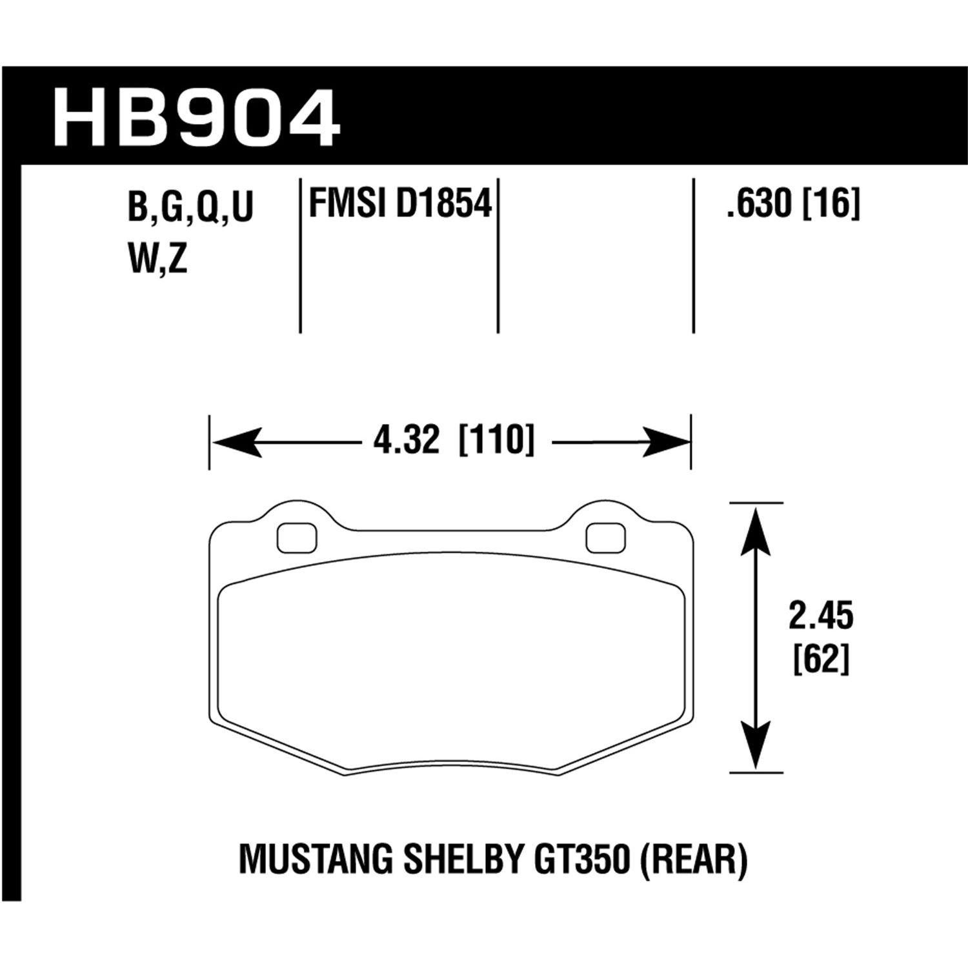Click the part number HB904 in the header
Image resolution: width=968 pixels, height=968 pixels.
pyautogui.click(x=197, y=119)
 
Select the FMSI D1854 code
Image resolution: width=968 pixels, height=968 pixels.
pyautogui.click(x=400, y=204)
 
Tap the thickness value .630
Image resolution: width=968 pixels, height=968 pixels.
pyautogui.click(x=758, y=205)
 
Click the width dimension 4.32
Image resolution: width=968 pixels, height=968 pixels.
pyautogui.click(x=406, y=441)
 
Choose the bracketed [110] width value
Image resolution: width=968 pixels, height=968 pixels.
pyautogui.click(x=496, y=441)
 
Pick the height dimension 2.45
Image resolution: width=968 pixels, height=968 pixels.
pyautogui.click(x=820, y=617)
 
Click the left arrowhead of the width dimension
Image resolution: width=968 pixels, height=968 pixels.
pyautogui.click(x=236, y=443)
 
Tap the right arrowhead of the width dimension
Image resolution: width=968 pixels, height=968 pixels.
pyautogui.click(x=665, y=443)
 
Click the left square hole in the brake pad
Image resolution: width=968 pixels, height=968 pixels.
pyautogui.click(x=297, y=538)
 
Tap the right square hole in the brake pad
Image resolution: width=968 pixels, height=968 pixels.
pyautogui.click(x=606, y=538)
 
